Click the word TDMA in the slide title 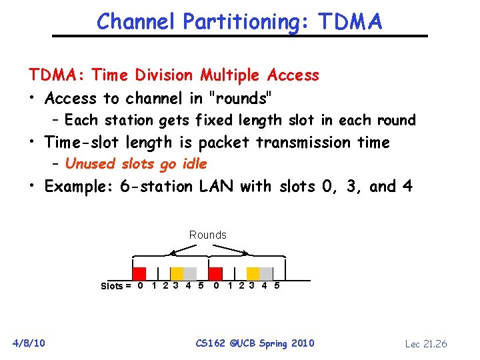point(350,22)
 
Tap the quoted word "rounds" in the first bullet point(240,99)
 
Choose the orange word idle point(191,164)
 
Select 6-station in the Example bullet point(157,187)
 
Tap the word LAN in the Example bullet point(216,187)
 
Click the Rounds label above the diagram point(207,235)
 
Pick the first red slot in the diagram point(139,273)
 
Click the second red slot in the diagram point(215,273)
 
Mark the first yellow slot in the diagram point(177,273)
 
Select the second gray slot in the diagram point(265,273)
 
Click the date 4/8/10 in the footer point(29,343)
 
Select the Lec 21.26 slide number point(426,344)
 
